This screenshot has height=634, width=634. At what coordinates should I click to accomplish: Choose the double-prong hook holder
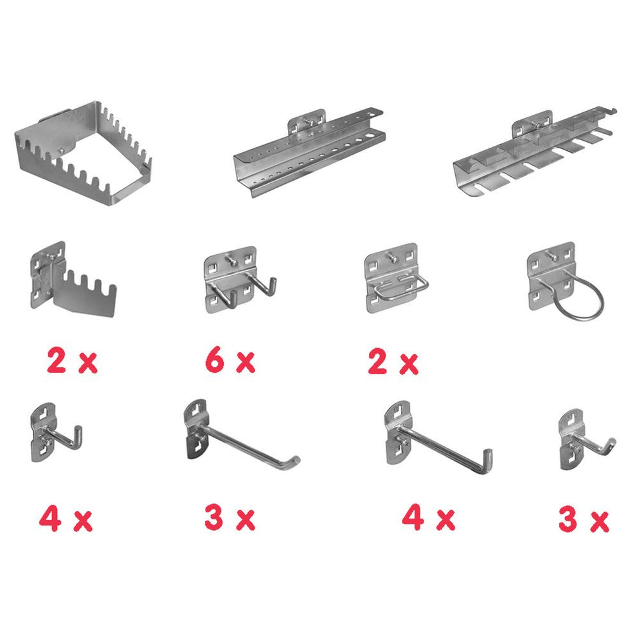tap(238, 280)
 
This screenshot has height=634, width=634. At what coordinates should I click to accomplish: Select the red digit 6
tap(215, 360)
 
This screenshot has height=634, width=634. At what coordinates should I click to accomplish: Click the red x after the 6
tap(245, 362)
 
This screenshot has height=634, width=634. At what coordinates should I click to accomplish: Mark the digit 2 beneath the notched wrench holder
tap(56, 360)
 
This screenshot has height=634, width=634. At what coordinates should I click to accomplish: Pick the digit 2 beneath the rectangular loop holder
tap(377, 361)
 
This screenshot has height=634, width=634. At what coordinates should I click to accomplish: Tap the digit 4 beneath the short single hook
tap(50, 519)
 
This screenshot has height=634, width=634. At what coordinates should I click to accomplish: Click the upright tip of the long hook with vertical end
tap(488, 454)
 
